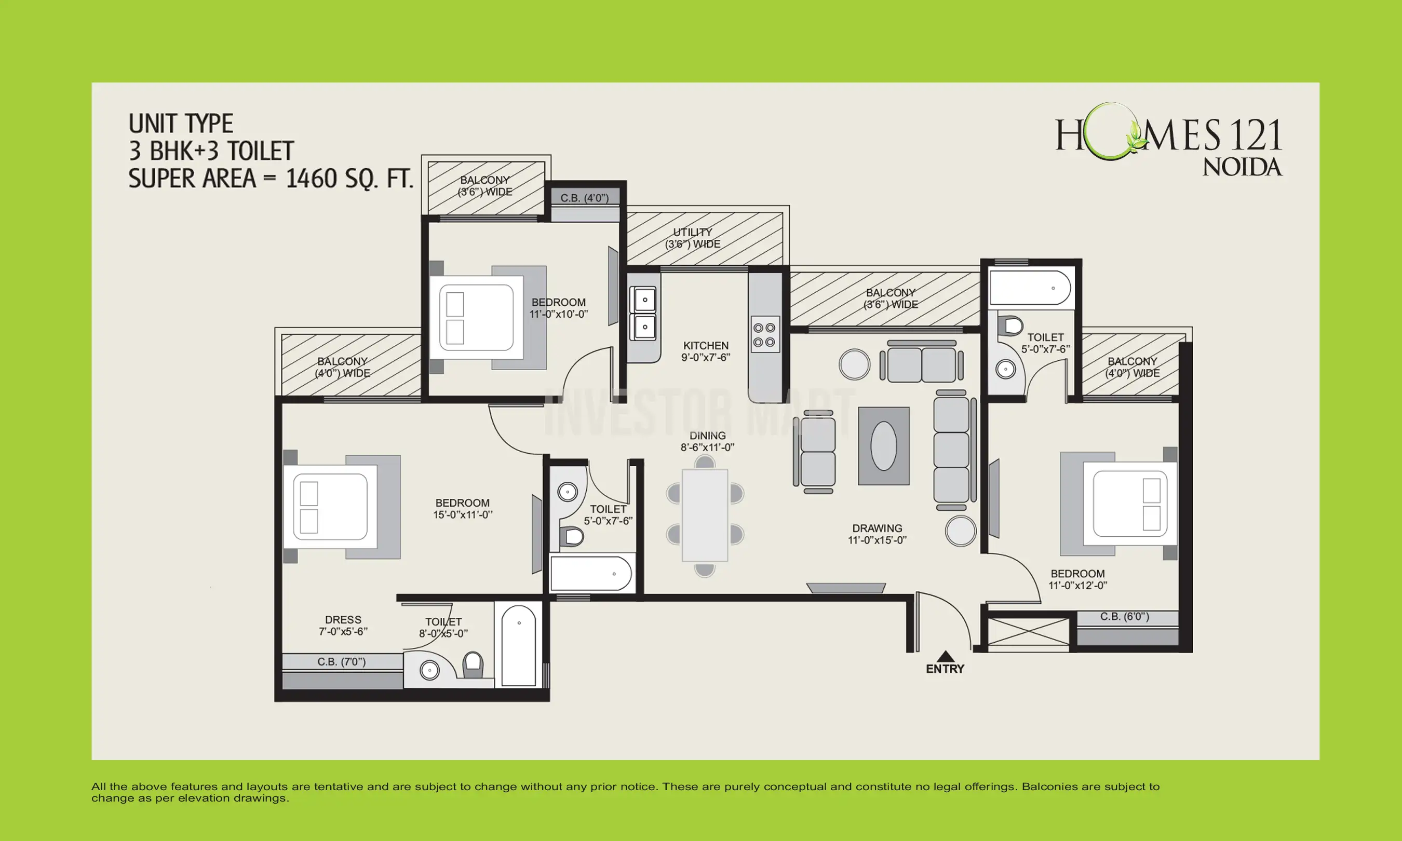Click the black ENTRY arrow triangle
pos(945,656)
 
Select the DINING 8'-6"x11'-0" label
pos(707,441)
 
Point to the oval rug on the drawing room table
pos(883,446)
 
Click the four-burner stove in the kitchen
pos(764,334)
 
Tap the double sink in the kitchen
pos(644,314)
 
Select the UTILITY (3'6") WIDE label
pos(693,238)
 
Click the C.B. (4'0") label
pos(584,198)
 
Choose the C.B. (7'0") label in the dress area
pos(341,661)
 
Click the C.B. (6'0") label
pos(1124,617)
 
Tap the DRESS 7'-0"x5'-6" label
pos(343,625)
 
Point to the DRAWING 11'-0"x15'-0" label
pos(877,534)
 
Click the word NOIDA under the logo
pos(1242,167)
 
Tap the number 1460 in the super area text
pos(311,179)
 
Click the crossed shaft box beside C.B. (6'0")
pos(1028,632)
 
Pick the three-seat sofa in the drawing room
pos(951,450)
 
